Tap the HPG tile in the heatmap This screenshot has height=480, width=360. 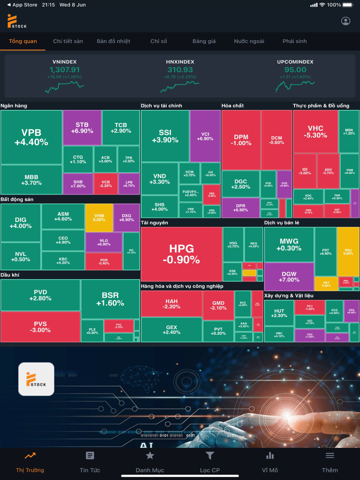(181, 254)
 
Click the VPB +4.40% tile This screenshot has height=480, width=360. (31, 137)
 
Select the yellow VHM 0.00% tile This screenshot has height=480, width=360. (99, 218)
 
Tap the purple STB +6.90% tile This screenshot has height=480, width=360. (82, 128)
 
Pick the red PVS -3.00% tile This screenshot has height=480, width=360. (40, 327)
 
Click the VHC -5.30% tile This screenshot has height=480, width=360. (315, 132)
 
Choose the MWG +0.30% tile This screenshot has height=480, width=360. (289, 244)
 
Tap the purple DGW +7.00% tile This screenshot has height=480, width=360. (289, 277)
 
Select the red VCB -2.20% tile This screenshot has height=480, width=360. (105, 184)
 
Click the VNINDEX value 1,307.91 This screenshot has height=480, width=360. (64, 70)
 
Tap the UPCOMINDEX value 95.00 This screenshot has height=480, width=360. (295, 70)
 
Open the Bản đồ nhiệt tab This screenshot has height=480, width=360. (113, 41)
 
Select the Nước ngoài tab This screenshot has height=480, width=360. (249, 41)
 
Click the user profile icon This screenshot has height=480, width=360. (346, 21)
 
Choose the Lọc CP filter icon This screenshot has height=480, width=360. (210, 456)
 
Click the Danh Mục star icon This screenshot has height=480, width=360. (150, 456)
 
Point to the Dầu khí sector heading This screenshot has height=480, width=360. (10, 275)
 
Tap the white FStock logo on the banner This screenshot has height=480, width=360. (36, 379)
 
